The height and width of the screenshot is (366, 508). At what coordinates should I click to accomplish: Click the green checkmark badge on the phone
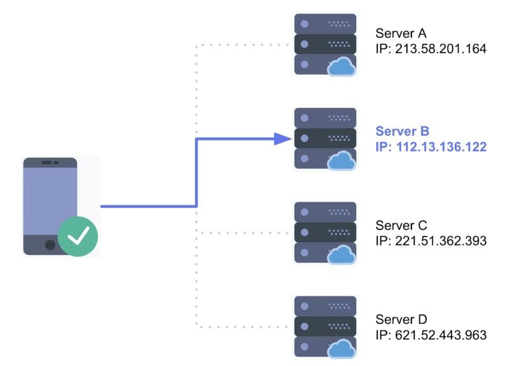tap(78, 237)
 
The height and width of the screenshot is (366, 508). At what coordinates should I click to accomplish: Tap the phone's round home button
tap(50, 244)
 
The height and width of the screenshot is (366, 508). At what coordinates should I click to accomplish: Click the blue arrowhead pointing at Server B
tap(282, 138)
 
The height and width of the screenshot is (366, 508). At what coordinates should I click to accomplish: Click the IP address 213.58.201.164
tap(431, 48)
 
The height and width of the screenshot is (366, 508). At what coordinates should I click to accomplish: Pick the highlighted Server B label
tap(403, 131)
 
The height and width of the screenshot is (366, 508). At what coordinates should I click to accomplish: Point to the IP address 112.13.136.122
tap(431, 147)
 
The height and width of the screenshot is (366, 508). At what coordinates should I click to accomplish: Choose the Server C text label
tap(401, 226)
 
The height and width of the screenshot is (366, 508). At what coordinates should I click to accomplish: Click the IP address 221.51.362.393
tap(431, 241)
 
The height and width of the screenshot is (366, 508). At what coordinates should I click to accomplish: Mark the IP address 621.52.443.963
tap(431, 334)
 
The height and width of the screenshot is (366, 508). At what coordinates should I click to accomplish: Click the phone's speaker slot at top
tap(50, 162)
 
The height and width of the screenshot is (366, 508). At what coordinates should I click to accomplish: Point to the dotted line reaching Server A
tap(241, 45)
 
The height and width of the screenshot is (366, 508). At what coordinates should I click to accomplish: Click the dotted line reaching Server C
tap(241, 233)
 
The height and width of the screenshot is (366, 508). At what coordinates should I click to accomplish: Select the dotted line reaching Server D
tap(241, 327)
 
